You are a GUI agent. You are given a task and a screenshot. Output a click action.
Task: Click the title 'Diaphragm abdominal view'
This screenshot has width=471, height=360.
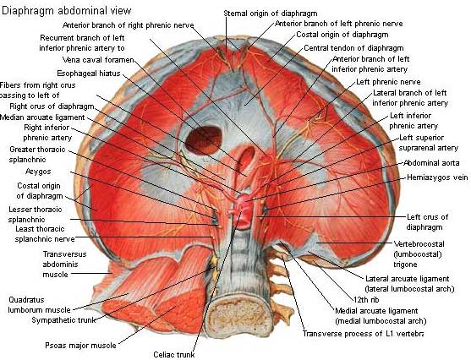coord(67,11)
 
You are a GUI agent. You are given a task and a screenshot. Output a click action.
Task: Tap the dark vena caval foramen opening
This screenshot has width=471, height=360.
coord(204,139)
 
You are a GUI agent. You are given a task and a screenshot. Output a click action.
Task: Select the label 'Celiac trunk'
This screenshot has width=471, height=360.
coord(174,355)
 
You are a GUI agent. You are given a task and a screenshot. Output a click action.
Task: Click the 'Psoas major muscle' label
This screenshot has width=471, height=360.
coord(80,346)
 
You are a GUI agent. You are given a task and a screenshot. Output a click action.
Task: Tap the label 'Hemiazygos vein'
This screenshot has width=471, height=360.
coord(437,177)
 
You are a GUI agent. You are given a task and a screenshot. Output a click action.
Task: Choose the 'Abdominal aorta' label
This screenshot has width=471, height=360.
coord(431,163)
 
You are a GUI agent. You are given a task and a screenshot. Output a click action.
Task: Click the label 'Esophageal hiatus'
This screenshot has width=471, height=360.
coord(89,74)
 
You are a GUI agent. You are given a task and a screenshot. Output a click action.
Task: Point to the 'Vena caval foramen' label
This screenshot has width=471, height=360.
coord(98,60)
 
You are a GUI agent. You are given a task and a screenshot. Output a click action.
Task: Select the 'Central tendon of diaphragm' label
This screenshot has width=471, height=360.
coord(353,48)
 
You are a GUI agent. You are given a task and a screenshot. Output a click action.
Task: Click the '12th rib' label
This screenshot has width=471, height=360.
coord(366,300)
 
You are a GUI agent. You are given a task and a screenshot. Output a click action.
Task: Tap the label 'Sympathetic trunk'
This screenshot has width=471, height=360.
coord(63,320)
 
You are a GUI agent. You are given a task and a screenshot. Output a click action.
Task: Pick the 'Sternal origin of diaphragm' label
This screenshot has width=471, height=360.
coord(271,14)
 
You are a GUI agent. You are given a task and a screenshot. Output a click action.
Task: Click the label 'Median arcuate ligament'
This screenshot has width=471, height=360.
coord(42,117)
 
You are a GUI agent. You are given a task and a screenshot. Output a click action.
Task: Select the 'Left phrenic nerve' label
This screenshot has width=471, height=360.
coord(388,82)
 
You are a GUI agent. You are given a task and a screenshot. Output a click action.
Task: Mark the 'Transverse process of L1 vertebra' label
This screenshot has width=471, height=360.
coord(363,334)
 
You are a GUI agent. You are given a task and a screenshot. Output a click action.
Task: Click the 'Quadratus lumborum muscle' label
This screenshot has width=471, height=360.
coord(40,305)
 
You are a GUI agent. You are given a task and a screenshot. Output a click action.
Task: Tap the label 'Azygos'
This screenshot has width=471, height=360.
coord(38,172)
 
